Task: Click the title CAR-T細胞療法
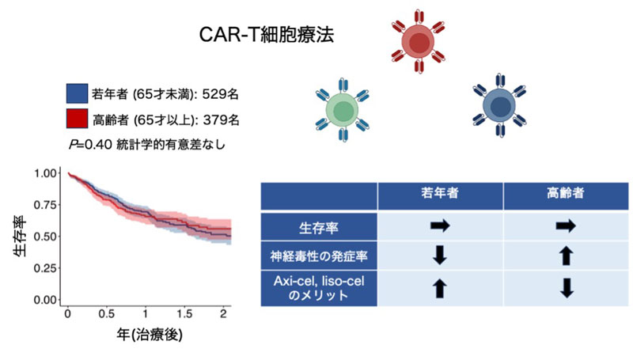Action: click(267, 35)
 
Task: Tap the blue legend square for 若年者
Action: click(77, 93)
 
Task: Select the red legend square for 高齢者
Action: click(77, 119)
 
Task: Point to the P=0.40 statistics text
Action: click(147, 144)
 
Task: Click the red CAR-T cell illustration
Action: click(419, 42)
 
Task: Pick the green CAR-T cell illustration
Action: click(343, 110)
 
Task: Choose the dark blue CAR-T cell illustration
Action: click(500, 105)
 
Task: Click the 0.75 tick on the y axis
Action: click(45, 205)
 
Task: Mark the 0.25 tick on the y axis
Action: click(45, 268)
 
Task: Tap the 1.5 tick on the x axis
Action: click(184, 314)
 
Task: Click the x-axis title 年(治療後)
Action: click(150, 334)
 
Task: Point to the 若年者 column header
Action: click(440, 193)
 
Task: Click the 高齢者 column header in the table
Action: click(565, 193)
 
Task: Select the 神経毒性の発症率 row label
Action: click(319, 256)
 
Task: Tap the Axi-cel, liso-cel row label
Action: click(319, 288)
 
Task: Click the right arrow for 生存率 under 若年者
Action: click(440, 225)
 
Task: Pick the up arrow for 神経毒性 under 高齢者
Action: click(566, 256)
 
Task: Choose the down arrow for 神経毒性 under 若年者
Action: click(440, 256)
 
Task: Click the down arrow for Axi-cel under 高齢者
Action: click(567, 288)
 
